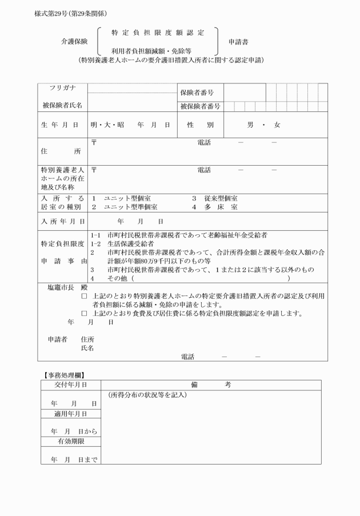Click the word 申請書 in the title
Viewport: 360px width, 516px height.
coord(238,42)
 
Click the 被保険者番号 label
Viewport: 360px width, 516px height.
coord(200,106)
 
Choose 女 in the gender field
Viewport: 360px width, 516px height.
coord(277,125)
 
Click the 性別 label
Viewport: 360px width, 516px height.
coord(200,125)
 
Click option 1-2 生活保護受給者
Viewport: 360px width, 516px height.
coord(122,243)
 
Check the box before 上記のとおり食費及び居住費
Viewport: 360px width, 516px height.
coord(84,314)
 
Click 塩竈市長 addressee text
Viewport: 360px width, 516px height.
coord(63,287)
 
